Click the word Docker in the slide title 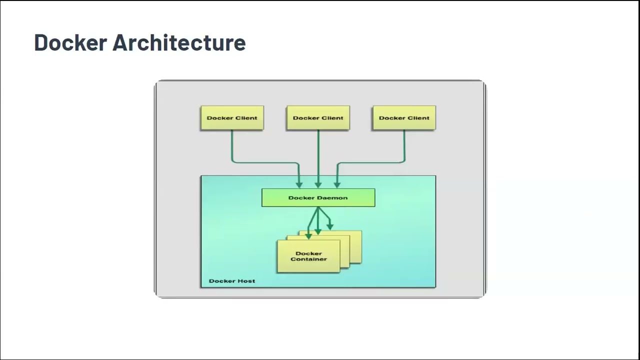[70, 43]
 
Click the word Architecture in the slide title [179, 43]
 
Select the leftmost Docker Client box [232, 118]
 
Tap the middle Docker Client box [318, 118]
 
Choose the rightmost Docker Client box [404, 118]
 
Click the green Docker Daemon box [318, 197]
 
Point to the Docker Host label [232, 281]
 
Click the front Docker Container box [308, 256]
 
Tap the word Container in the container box [308, 259]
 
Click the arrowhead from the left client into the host [299, 184]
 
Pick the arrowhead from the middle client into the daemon [318, 184]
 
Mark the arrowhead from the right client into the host [337, 184]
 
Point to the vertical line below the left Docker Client [232, 145]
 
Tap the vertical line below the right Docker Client [404, 145]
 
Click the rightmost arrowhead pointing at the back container [329, 226]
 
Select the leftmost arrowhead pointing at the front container [308, 235]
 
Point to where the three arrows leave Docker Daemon [318, 208]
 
